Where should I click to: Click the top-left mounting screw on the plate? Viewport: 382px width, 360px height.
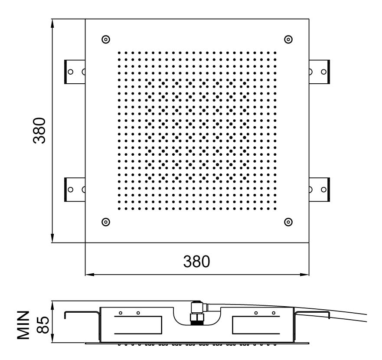105,39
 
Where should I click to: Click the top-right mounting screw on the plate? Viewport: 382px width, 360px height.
288,39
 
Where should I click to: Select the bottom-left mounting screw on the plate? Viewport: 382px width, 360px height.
105,222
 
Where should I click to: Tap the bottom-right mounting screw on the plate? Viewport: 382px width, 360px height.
288,222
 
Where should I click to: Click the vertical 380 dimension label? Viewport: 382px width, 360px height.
39,131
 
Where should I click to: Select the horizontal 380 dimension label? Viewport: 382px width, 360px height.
196,262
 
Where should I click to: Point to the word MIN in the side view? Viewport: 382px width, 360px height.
23,325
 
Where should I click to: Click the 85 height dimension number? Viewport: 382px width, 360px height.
43,325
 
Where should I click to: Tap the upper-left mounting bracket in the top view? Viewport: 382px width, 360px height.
75,72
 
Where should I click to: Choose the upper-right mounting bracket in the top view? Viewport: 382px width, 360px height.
320,72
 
